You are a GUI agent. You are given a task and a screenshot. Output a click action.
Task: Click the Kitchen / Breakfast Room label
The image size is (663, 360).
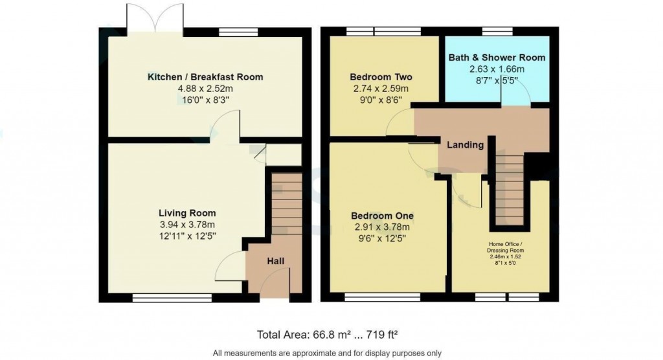(x=205, y=77)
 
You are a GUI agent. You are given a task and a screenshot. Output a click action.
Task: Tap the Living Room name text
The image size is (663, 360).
(x=187, y=213)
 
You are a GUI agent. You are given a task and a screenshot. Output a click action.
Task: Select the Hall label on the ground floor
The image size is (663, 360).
(x=276, y=261)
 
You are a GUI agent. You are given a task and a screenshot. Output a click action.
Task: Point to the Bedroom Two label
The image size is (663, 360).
(x=381, y=77)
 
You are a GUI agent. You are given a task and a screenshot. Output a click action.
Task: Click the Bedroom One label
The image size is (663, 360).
(x=382, y=216)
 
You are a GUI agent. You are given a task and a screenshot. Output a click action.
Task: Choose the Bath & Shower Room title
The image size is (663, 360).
(x=497, y=58)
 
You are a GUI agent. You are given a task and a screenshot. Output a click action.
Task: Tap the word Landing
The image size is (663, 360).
(x=466, y=145)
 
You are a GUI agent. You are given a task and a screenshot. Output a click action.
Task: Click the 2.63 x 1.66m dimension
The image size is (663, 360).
(x=497, y=69)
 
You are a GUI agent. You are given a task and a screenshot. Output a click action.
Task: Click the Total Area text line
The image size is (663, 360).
(x=331, y=335)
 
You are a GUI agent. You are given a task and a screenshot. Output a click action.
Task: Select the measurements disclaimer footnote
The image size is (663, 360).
(x=327, y=353)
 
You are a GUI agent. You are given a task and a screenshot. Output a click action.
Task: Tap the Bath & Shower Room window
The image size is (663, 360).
(x=497, y=30)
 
